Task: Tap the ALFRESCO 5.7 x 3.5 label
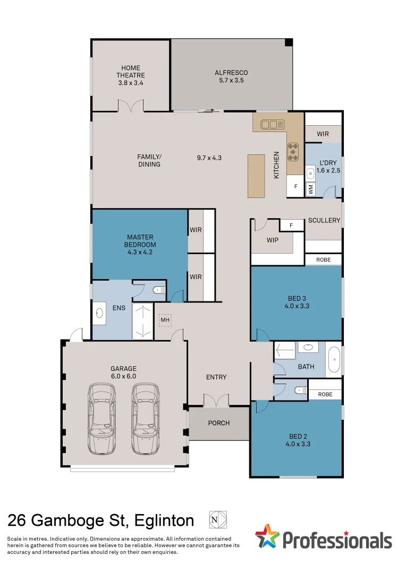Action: click(231, 76)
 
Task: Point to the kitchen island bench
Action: click(256, 176)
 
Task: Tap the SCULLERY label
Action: click(324, 220)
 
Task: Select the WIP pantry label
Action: click(273, 240)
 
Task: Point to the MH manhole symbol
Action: click(165, 320)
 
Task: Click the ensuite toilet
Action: click(158, 290)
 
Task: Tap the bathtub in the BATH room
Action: click(333, 359)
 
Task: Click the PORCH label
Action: click(219, 423)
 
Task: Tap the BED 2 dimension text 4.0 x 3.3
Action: click(298, 444)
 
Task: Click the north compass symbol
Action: click(217, 519)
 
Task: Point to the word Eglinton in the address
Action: click(164, 520)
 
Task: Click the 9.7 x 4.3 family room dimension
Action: click(208, 158)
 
